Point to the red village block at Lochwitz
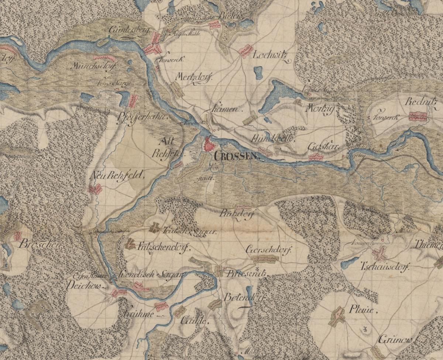point(245,51)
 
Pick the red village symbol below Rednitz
point(418,117)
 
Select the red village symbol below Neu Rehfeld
point(95,190)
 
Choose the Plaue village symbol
point(337,316)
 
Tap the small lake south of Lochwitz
point(258,73)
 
